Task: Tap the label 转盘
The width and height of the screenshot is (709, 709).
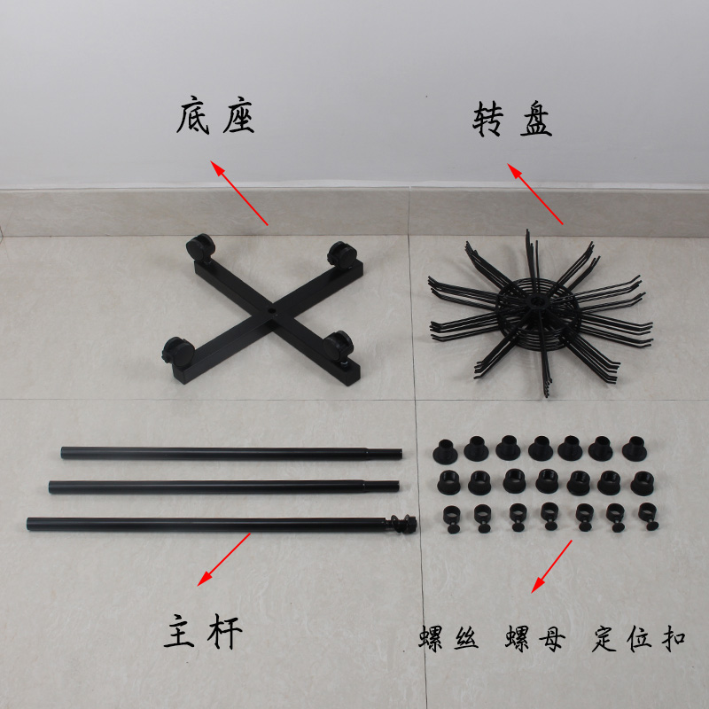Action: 511,121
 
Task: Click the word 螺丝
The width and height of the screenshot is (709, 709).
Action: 448,639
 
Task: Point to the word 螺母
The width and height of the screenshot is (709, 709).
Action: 534,639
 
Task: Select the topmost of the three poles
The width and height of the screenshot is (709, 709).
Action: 230,453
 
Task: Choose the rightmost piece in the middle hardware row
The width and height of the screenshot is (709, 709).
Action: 640,481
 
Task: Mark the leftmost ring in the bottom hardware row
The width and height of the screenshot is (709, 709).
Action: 449,516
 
